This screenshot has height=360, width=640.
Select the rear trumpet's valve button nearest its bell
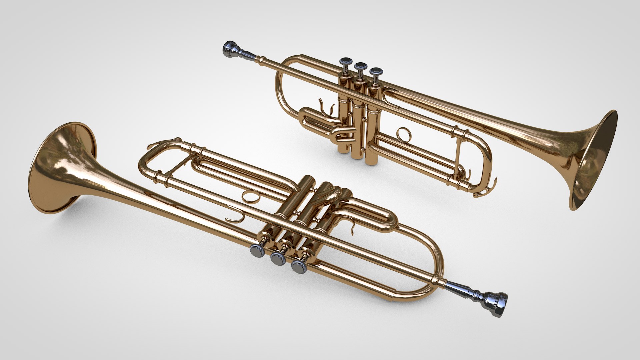pos(376,71)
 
